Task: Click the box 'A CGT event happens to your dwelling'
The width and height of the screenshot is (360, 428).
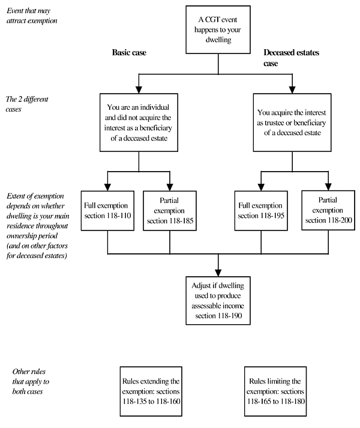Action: (x=218, y=30)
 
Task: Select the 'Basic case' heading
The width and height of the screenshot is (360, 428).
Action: (x=129, y=52)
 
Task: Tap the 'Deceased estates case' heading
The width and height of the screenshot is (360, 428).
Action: (x=291, y=58)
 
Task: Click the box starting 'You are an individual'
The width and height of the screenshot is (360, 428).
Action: (x=139, y=122)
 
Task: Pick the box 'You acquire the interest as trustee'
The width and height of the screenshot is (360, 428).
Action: (x=292, y=122)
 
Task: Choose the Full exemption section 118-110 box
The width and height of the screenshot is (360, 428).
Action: (x=107, y=211)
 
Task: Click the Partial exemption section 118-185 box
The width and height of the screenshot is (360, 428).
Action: (x=170, y=211)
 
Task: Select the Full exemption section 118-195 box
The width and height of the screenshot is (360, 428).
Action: (x=261, y=211)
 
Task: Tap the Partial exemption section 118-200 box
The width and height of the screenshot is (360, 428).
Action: (x=328, y=210)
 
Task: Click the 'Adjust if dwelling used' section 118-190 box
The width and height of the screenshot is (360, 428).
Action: (x=218, y=301)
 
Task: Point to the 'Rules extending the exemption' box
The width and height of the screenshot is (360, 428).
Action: (x=151, y=391)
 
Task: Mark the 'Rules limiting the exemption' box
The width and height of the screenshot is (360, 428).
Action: (x=275, y=391)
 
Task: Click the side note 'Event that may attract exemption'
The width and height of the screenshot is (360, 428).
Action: (x=32, y=16)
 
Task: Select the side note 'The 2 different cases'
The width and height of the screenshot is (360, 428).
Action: (x=27, y=104)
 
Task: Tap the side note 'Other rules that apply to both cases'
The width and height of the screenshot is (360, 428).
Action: (x=31, y=381)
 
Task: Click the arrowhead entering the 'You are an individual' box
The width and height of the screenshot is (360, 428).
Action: (x=139, y=90)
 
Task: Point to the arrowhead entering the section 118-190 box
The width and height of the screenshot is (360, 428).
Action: (x=218, y=273)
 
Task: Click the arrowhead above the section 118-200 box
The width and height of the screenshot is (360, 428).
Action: (x=328, y=187)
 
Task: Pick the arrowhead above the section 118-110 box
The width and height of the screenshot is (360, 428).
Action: (x=107, y=187)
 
